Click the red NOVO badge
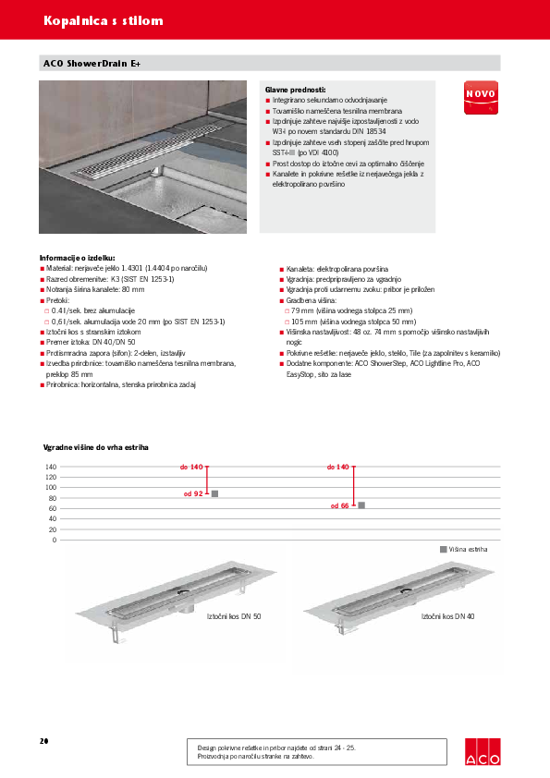480,96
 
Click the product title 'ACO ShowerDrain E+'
92,64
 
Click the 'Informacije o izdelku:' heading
77,258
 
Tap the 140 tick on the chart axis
51,467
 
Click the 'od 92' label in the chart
193,494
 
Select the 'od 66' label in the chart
339,505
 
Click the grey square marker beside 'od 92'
214,494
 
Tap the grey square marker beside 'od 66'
361,504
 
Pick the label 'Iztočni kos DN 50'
234,615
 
